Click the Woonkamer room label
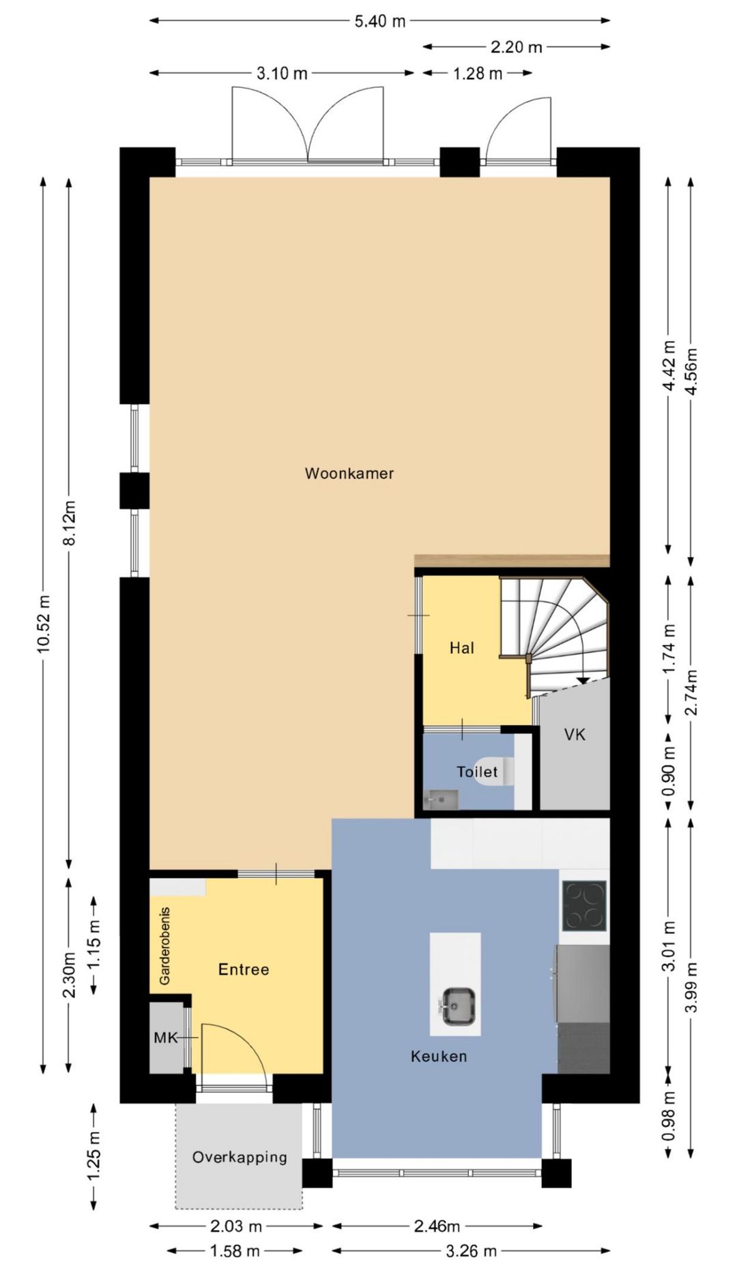349,473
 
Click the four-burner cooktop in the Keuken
584,906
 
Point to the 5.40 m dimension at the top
379,21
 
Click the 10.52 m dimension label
44,623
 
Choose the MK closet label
165,1038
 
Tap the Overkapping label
240,1157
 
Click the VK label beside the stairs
575,735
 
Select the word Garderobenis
164,945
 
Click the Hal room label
461,648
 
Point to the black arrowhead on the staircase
583,679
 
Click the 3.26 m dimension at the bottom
471,1251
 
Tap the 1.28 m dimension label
478,73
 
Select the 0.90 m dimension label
669,771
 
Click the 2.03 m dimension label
236,1226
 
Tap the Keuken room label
439,1057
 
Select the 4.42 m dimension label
669,366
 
